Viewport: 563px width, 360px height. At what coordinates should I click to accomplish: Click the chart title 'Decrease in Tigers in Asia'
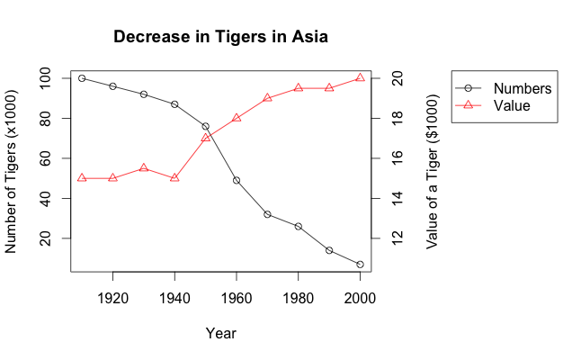(220, 38)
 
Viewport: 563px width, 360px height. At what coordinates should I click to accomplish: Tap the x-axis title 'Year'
(220, 334)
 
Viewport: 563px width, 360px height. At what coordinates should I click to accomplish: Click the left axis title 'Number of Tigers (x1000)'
(12, 171)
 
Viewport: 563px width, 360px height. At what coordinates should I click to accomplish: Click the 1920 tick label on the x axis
(112, 298)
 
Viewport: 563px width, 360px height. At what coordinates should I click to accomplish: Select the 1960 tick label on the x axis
(237, 298)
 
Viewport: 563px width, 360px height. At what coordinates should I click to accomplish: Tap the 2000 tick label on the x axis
(360, 298)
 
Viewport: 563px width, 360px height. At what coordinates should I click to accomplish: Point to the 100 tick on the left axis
(54, 78)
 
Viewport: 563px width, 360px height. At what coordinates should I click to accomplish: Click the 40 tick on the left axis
(54, 198)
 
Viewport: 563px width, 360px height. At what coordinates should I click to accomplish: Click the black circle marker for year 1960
(237, 180)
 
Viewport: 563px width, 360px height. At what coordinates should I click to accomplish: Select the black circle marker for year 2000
(360, 265)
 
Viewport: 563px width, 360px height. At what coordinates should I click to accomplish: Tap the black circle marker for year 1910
(82, 78)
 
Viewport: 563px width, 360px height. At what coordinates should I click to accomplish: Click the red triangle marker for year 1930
(144, 168)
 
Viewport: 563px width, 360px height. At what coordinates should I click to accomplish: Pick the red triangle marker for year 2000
(360, 78)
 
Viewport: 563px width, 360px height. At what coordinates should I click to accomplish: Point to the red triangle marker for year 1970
(267, 97)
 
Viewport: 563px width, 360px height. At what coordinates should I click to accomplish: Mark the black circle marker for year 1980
(299, 226)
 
